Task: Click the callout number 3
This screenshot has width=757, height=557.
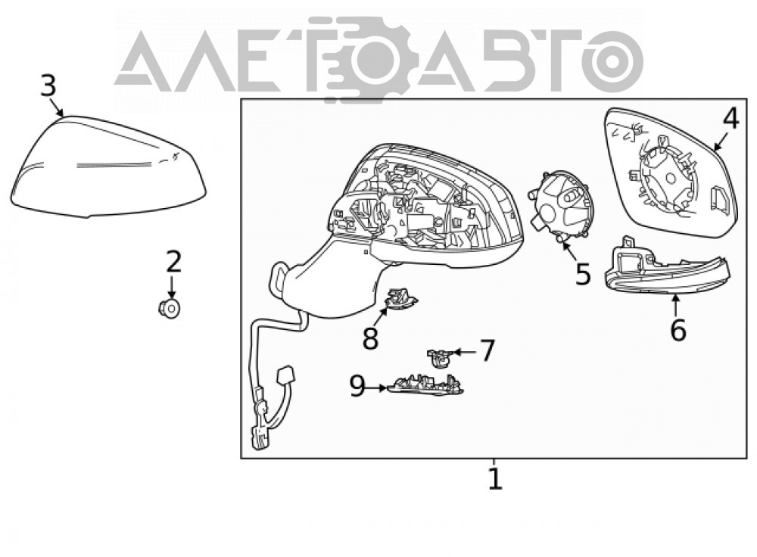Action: pos(48,86)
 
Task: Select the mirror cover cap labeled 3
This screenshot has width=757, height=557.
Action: pos(108,166)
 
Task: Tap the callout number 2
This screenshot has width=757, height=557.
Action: pos(173,262)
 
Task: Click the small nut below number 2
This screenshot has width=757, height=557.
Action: pos(169,307)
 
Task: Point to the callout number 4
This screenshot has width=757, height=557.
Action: pos(731,118)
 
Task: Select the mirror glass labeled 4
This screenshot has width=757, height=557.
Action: pos(671,173)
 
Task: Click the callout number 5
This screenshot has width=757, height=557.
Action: pos(583,274)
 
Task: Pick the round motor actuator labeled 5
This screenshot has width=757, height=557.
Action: pos(561,206)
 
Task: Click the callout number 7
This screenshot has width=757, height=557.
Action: pos(487,351)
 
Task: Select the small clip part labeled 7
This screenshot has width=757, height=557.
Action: pos(439,358)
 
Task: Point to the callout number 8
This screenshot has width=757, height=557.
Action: pos(370,338)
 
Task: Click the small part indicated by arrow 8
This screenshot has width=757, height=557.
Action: pos(400,298)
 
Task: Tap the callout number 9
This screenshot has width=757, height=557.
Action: pos(358,386)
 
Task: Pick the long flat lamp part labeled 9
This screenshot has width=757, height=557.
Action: pos(425,386)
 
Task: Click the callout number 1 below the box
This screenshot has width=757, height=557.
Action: pos(495,478)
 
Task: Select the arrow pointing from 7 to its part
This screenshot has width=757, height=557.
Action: pos(463,353)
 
